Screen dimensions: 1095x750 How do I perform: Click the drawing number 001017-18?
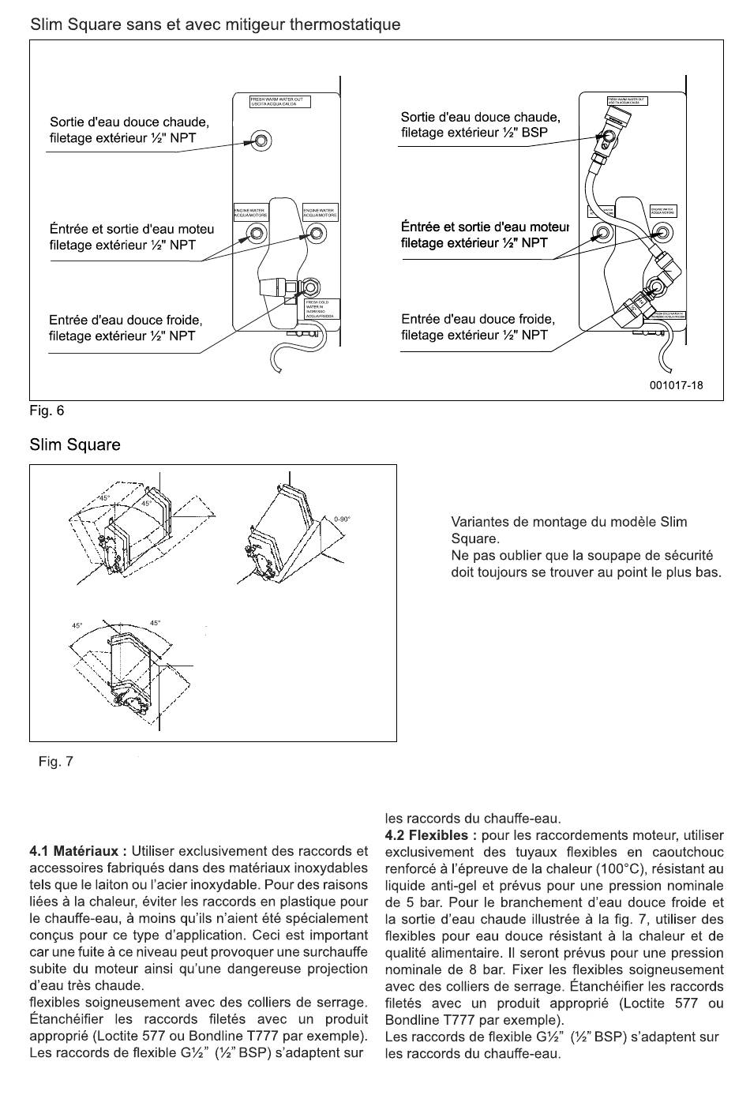(676, 385)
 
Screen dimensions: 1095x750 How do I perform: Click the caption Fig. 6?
(47, 411)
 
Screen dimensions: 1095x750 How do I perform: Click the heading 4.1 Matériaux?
(77, 852)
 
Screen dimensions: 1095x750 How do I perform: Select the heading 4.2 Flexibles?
(430, 835)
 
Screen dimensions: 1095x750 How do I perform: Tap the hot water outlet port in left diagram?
(261, 141)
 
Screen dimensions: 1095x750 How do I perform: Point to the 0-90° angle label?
(342, 519)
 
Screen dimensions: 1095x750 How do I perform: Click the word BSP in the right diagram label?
(534, 133)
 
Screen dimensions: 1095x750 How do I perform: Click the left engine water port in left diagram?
(257, 233)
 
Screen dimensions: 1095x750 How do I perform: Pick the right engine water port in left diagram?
(316, 233)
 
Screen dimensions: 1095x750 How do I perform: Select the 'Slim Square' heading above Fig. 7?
(75, 444)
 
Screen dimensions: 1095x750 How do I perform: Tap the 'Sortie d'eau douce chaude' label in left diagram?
(129, 122)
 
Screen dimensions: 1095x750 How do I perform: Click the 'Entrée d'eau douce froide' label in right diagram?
(478, 319)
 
